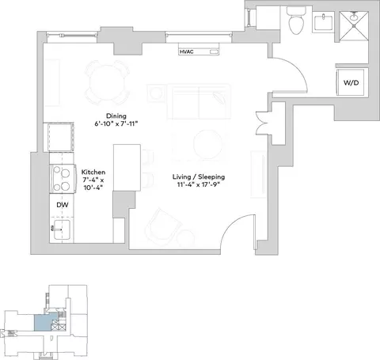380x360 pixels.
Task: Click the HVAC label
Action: (186, 51)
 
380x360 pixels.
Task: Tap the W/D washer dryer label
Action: (351, 82)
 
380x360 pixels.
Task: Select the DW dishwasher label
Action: (63, 205)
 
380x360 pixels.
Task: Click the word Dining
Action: (116, 116)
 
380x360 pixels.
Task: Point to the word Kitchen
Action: (93, 172)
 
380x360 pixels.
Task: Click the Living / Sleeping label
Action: (199, 176)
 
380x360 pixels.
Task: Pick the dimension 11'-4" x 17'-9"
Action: (199, 184)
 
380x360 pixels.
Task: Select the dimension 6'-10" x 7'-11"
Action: (116, 123)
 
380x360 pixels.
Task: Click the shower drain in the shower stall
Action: (354, 17)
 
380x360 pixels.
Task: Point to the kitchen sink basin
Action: (62, 229)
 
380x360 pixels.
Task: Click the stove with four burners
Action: (63, 179)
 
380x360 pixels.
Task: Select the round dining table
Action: (107, 82)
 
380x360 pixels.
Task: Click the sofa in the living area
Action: (199, 101)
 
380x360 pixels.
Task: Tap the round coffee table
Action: (207, 144)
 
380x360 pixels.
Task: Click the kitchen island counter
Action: (127, 167)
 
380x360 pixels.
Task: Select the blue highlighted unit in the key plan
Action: (45, 322)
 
